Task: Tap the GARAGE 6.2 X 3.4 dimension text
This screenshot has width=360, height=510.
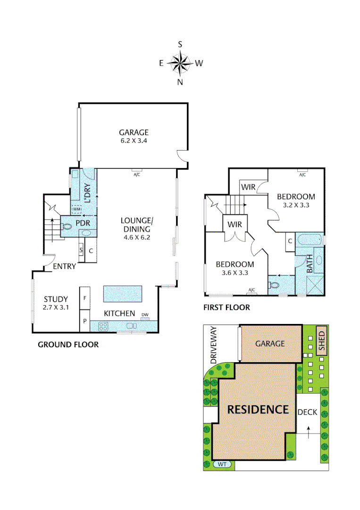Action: point(134,140)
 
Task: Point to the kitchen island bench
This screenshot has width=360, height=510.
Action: point(122,294)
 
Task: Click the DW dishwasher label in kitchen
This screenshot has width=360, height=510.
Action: point(145,315)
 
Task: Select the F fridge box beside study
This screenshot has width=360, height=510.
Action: point(85,298)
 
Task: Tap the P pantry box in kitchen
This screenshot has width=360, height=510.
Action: point(85,320)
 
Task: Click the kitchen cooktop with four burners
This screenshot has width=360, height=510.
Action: point(103,326)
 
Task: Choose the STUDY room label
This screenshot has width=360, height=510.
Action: point(56,299)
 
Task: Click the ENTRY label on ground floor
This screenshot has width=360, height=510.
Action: point(64,266)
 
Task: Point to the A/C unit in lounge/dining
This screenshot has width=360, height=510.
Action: point(137,173)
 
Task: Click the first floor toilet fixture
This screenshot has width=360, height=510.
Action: point(274,285)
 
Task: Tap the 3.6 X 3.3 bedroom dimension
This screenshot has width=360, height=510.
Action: point(234,272)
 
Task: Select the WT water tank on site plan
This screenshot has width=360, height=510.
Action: point(223,464)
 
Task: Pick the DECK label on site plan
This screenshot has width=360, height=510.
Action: point(307,412)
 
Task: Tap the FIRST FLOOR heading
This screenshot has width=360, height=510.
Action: point(226,307)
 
